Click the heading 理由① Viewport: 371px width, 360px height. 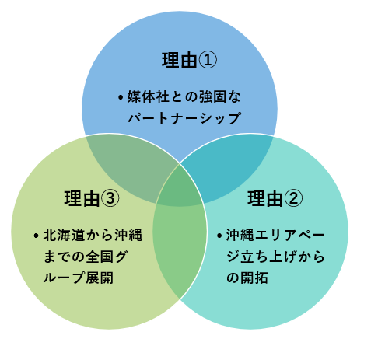[189, 60]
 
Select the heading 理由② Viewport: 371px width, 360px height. [275, 198]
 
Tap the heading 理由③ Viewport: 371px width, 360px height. [92, 198]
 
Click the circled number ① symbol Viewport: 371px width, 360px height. [208, 60]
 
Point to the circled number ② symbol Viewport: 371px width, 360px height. [293, 198]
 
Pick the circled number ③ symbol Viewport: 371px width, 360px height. [110, 198]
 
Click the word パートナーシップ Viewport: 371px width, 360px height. [184, 118]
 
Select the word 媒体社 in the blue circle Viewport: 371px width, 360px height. [149, 96]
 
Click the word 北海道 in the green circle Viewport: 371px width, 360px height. [65, 235]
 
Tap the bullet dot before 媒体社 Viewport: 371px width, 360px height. [121, 97]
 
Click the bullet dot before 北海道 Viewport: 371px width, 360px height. [37, 236]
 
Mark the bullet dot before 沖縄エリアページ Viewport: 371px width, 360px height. [219, 236]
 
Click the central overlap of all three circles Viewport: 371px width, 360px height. [180, 189]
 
